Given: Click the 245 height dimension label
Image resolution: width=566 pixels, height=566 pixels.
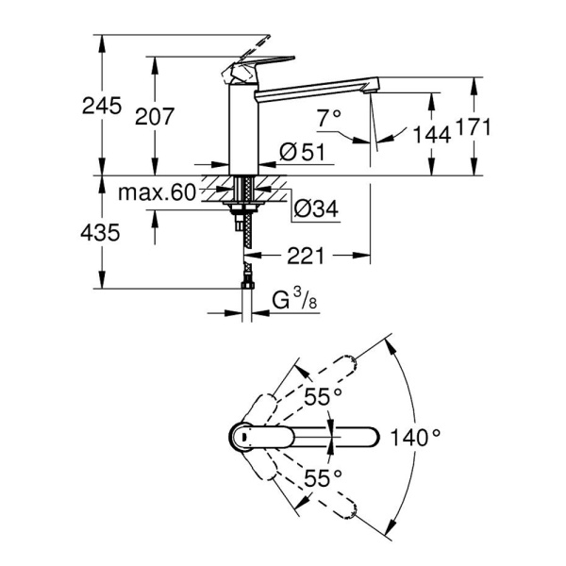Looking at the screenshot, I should (102, 106).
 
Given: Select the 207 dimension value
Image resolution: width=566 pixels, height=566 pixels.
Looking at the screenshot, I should (156, 117).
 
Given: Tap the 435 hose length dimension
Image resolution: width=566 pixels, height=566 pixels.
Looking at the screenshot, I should (102, 231).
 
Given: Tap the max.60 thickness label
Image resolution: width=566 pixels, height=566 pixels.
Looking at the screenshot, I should (157, 193).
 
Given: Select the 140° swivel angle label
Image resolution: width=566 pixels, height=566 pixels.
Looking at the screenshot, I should (417, 437).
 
